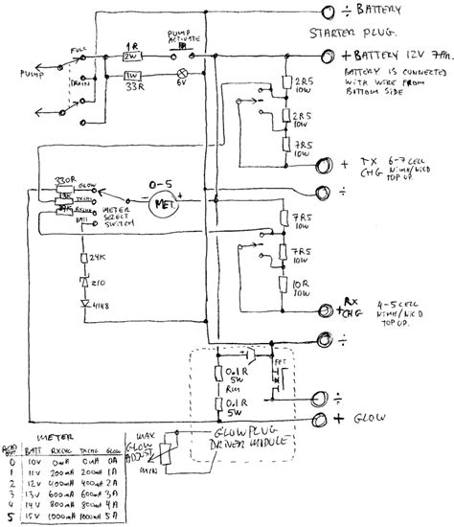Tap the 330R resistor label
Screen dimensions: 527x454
66,179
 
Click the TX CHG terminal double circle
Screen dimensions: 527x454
325,164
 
